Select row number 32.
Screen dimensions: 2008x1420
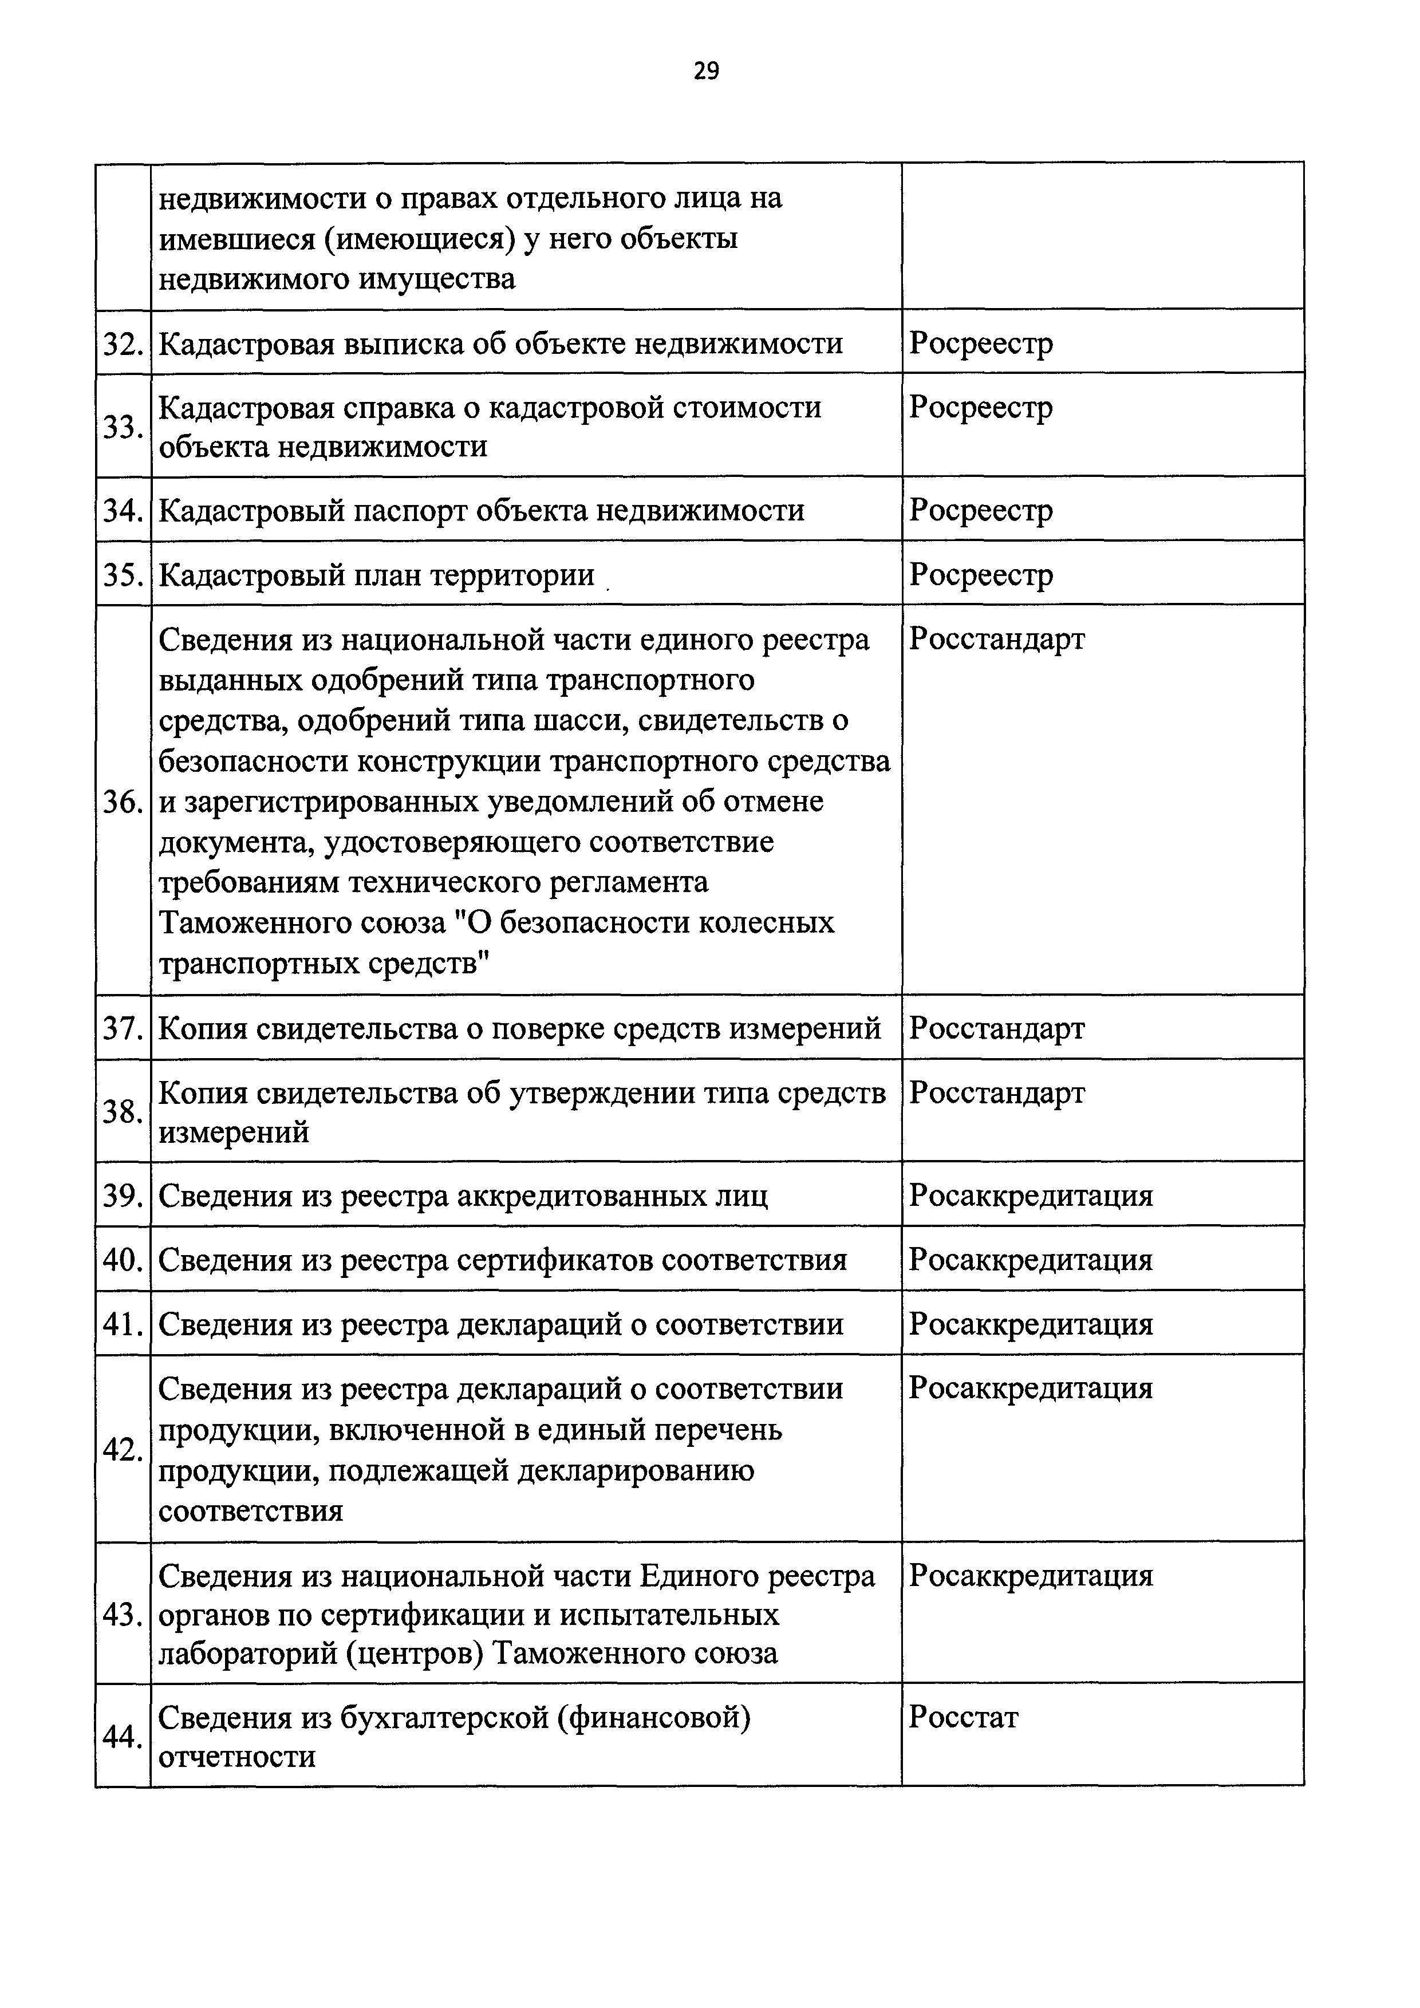pos(123,344)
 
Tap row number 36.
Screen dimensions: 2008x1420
pos(123,802)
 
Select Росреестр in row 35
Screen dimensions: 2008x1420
pos(981,575)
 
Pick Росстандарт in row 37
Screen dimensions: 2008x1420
pos(997,1028)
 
